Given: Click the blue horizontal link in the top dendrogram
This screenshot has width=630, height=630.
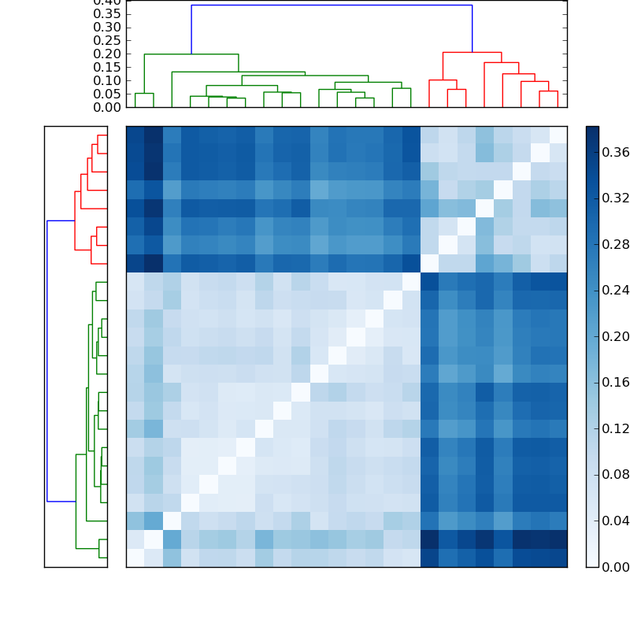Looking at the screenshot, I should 331,6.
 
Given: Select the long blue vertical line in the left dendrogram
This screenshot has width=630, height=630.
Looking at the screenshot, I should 47,361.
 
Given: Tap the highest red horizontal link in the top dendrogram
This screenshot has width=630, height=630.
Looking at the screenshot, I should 472,52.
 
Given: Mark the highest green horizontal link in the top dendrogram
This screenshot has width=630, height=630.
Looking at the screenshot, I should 191,54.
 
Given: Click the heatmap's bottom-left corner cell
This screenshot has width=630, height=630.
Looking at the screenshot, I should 135,558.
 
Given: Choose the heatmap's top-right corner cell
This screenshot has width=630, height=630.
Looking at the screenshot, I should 558,135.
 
